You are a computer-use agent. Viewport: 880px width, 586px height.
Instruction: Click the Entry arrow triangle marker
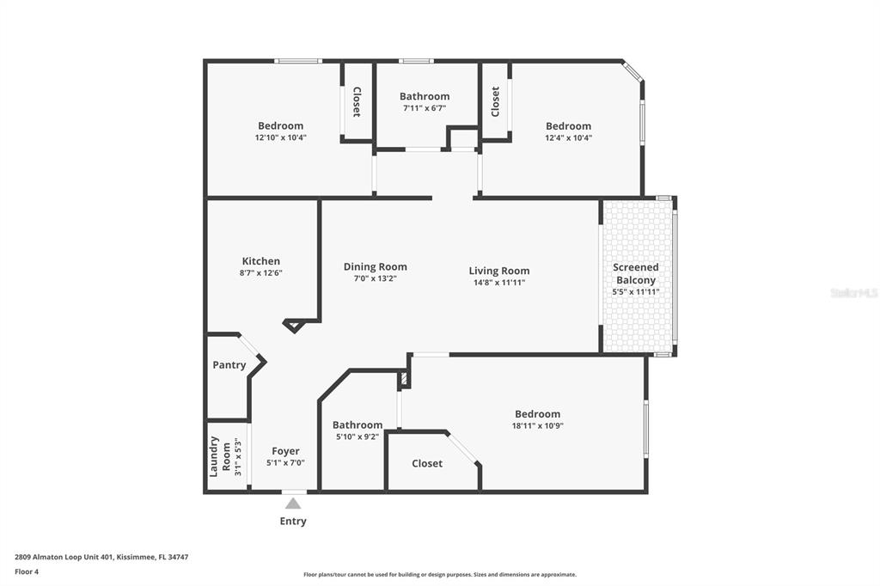pos(293,504)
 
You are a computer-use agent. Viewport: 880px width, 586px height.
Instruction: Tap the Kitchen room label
pos(260,261)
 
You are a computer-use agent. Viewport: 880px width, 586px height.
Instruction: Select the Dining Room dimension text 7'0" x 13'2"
pos(375,278)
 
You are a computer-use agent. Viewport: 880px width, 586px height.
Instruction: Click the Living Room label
pos(498,271)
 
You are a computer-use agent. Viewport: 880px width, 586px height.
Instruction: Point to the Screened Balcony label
pos(635,273)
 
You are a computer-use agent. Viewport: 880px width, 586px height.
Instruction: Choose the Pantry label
pos(229,365)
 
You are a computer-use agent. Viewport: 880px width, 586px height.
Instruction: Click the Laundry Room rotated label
pos(221,456)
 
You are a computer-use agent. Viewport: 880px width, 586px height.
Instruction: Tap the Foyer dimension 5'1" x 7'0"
pos(285,462)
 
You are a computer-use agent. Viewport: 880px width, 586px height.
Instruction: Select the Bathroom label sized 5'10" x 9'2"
pos(357,424)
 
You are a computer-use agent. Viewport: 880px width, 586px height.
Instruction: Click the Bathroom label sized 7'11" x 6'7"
pos(424,96)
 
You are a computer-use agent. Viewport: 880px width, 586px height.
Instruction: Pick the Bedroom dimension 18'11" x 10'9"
pos(537,425)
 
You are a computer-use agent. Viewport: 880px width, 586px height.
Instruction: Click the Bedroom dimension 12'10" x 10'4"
pos(280,137)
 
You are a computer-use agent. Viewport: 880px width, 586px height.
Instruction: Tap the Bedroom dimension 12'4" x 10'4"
pos(568,137)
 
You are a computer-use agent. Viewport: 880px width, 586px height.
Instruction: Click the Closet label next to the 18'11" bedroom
pos(427,463)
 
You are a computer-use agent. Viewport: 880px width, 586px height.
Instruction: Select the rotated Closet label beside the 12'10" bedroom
pos(357,101)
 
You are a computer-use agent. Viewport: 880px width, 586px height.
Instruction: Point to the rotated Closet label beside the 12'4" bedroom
pos(495,101)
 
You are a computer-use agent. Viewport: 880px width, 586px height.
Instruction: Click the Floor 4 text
pos(27,571)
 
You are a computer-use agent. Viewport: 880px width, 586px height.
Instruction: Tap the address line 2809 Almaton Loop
pos(101,557)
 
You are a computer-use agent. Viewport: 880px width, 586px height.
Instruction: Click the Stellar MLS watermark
pos(854,293)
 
